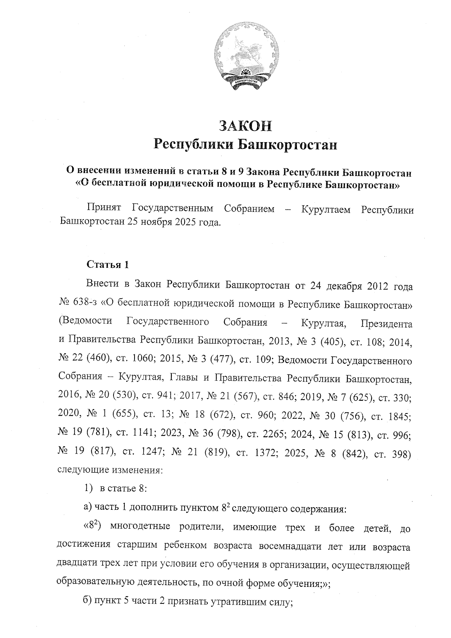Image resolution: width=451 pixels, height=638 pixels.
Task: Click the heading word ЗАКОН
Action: [245, 126]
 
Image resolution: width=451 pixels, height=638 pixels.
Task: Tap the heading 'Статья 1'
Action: [108, 265]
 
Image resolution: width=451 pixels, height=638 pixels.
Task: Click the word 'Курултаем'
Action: [325, 209]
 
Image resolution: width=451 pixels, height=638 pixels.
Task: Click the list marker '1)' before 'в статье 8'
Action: [88, 489]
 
